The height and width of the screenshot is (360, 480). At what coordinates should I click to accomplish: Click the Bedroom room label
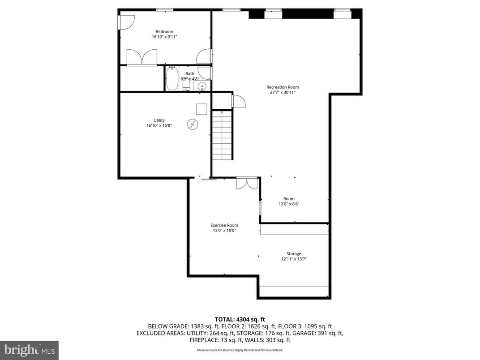coord(164,31)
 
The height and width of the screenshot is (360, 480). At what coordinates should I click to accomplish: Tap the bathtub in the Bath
coord(172,79)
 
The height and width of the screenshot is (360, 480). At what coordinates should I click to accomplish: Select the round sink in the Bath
coord(202,86)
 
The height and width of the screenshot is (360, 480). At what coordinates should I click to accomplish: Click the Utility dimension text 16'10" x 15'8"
coord(159,126)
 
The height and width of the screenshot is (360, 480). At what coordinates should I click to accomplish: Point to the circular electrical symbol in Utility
coord(193,124)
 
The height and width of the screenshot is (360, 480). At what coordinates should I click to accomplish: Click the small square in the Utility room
coord(201,109)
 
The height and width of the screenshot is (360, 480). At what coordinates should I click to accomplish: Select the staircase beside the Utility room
coord(222,135)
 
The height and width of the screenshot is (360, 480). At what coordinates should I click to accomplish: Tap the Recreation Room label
coord(283,87)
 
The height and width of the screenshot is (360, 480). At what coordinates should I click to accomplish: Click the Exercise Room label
coord(224,225)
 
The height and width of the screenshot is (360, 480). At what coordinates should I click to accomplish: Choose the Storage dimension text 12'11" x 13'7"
coord(294,259)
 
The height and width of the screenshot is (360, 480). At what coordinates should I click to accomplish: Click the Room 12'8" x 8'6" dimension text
coord(289,204)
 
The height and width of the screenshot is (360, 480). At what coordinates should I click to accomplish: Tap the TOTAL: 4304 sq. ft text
coord(240,319)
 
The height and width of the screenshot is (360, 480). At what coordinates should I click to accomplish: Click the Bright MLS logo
coord(29,349)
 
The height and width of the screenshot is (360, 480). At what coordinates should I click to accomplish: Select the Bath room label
coord(190,73)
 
